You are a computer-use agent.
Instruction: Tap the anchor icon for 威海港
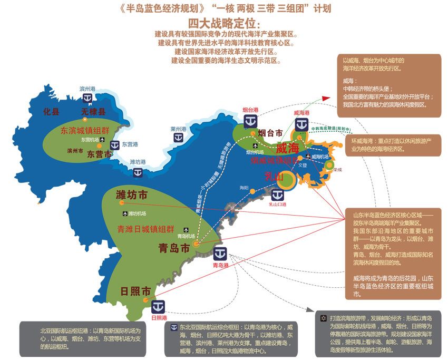point(301,124)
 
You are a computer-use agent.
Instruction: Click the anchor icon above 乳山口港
point(276,194)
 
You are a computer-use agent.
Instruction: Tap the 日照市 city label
point(135,291)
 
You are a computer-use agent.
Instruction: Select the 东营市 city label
point(100,154)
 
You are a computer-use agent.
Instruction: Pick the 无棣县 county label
point(94,112)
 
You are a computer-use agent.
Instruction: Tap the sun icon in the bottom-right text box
point(323,318)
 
